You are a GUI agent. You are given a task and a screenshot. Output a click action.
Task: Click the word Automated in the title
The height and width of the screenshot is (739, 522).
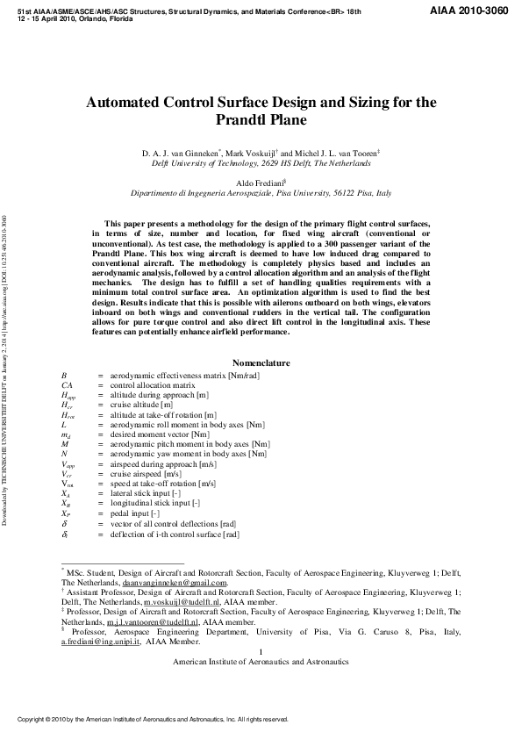129,103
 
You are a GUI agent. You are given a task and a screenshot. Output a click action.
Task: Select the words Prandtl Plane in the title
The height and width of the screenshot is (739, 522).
261,120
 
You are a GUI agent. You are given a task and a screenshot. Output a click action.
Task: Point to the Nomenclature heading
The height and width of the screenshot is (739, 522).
261,363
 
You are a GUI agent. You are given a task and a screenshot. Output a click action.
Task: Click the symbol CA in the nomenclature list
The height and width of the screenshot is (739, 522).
67,385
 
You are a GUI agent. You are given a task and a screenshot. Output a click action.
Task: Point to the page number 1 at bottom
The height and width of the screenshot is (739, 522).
261,651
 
